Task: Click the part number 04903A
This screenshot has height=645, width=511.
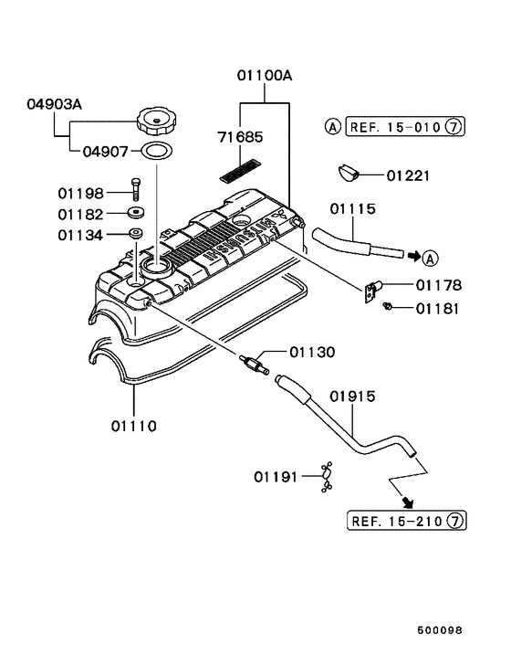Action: point(53,105)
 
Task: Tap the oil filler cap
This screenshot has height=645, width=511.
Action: point(157,121)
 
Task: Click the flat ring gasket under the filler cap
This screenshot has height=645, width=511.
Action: point(156,151)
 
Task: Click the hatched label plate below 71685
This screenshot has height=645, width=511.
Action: point(242,170)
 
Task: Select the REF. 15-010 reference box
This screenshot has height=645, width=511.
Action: point(396,127)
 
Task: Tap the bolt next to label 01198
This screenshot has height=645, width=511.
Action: point(136,190)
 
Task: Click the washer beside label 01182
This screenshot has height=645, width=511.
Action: point(135,213)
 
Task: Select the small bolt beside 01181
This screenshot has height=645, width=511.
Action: point(387,307)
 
